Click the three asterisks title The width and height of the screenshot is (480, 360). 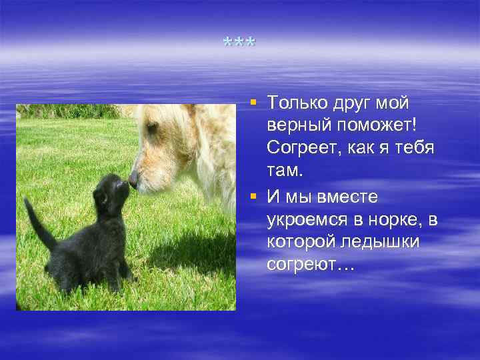tap(239, 44)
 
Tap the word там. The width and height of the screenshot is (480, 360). tap(285, 171)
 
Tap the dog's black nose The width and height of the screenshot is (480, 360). tap(133, 179)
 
